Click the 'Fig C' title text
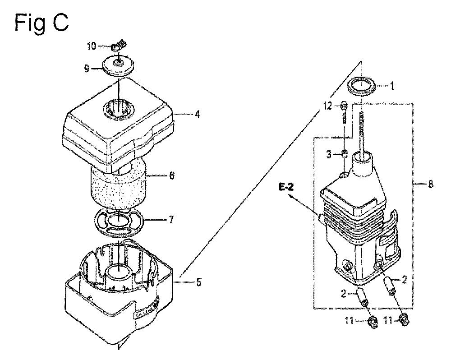[41, 22]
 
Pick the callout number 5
[198, 283]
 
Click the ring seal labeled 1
[363, 86]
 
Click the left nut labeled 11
[373, 322]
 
